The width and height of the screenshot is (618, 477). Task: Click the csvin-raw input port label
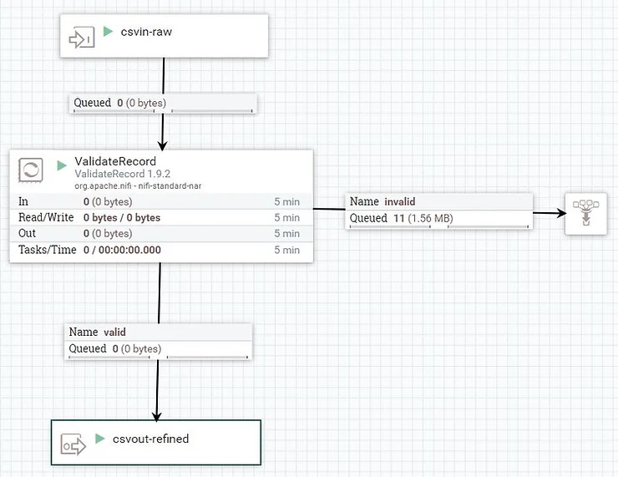click(x=146, y=32)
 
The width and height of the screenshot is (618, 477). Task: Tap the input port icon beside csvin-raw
click(x=82, y=38)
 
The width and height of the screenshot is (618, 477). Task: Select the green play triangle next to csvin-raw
click(x=108, y=31)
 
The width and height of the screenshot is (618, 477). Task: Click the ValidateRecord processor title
click(x=115, y=161)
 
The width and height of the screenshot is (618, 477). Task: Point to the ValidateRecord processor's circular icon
click(x=31, y=170)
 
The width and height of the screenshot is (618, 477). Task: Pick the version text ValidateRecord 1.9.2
click(x=122, y=174)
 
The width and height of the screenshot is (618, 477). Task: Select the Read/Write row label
click(x=46, y=217)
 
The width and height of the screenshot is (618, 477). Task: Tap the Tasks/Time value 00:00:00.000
click(x=129, y=250)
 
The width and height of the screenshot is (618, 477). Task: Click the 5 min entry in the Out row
click(x=287, y=233)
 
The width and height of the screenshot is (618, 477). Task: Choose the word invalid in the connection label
click(x=400, y=202)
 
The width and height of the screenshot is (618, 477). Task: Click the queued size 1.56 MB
click(x=430, y=218)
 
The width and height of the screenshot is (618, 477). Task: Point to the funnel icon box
click(x=586, y=214)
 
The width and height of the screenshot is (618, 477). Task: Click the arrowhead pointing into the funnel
click(x=561, y=213)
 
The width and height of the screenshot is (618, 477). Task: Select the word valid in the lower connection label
click(x=114, y=332)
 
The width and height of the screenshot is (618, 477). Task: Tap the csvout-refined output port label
click(x=150, y=439)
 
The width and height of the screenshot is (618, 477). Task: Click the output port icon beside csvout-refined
click(x=73, y=445)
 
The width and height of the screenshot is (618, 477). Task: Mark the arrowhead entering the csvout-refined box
click(x=157, y=417)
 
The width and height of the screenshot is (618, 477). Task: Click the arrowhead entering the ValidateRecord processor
click(x=162, y=145)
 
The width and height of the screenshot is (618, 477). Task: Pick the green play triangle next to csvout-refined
click(x=100, y=439)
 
